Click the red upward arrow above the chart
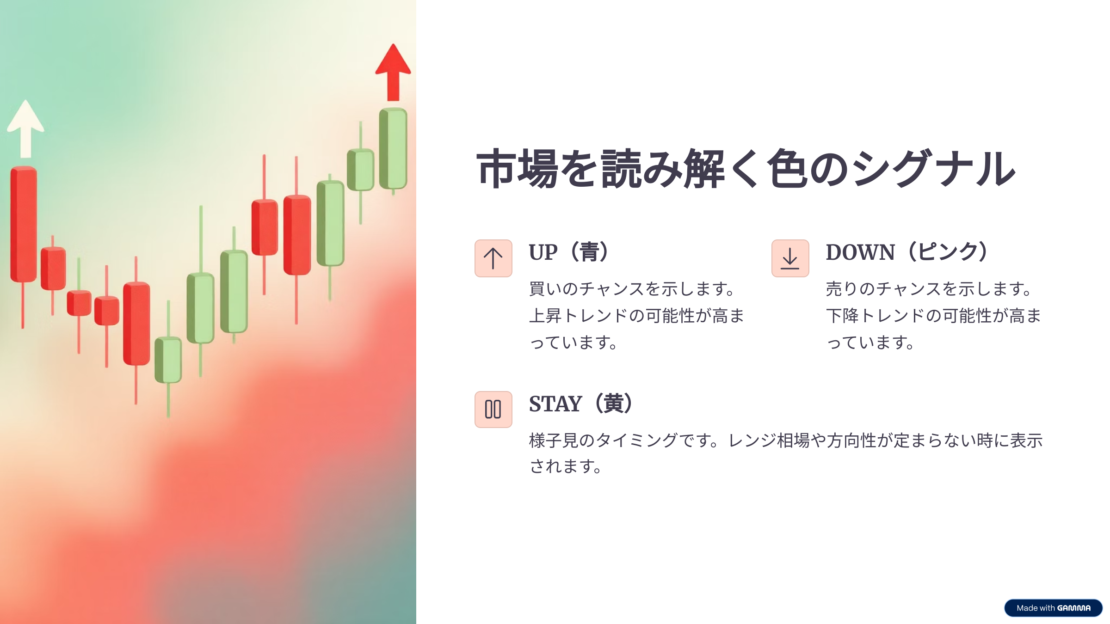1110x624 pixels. tap(393, 73)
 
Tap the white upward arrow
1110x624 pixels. tap(26, 129)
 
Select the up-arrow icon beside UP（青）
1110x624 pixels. tap(493, 258)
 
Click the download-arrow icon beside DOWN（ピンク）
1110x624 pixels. tap(790, 258)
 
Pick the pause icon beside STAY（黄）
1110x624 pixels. tap(493, 410)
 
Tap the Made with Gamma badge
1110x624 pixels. tap(1053, 608)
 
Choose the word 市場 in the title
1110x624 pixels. tap(517, 168)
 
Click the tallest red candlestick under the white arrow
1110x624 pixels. tap(24, 224)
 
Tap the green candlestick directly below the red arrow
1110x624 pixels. tap(393, 148)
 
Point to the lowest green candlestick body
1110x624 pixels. tap(168, 360)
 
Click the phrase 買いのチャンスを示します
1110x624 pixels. tap(627, 289)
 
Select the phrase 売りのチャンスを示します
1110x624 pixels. tap(924, 289)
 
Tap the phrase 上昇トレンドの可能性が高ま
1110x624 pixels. tap(636, 316)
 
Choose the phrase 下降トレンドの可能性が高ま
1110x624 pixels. tap(933, 316)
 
